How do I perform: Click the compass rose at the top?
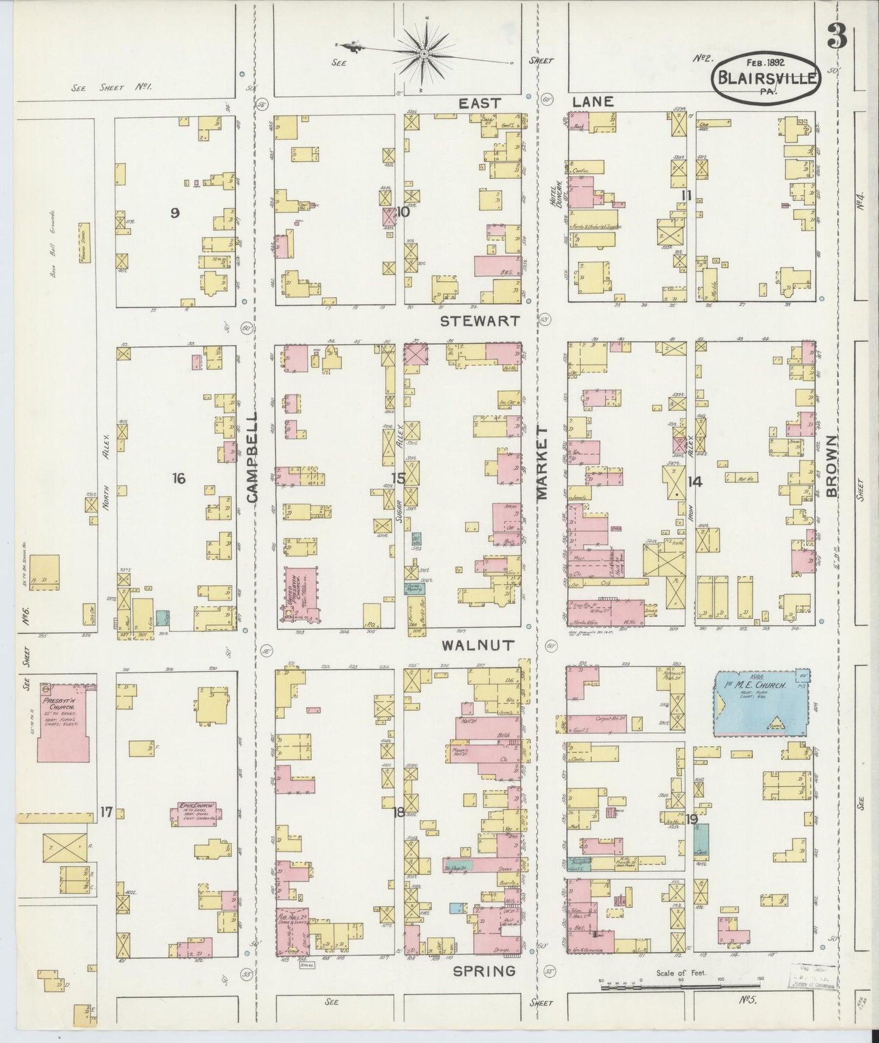423,54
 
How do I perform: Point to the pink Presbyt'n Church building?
63,722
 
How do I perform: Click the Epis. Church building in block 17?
196,814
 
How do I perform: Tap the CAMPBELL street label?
252,456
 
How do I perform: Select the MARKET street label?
541,462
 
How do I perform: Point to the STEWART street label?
480,320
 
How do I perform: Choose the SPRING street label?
484,971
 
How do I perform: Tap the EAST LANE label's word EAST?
479,103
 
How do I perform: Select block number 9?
175,213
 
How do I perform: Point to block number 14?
695,481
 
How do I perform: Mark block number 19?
691,819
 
